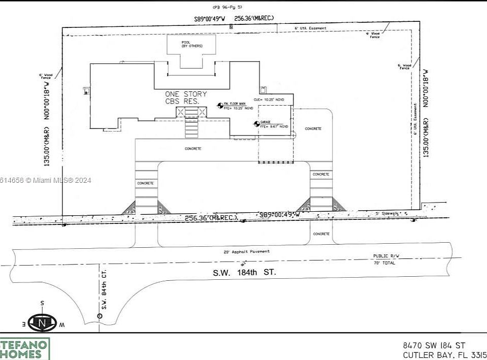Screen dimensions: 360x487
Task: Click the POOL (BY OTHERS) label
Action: [192, 44]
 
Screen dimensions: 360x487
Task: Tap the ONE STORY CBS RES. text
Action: [186, 98]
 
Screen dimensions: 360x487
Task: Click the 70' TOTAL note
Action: [385, 263]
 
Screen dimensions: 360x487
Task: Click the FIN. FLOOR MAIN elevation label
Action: [238, 106]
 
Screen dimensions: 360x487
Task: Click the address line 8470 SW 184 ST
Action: [434, 345]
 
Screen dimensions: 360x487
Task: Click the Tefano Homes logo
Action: [25, 349]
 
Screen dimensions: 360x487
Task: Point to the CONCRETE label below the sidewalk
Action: [321, 234]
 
